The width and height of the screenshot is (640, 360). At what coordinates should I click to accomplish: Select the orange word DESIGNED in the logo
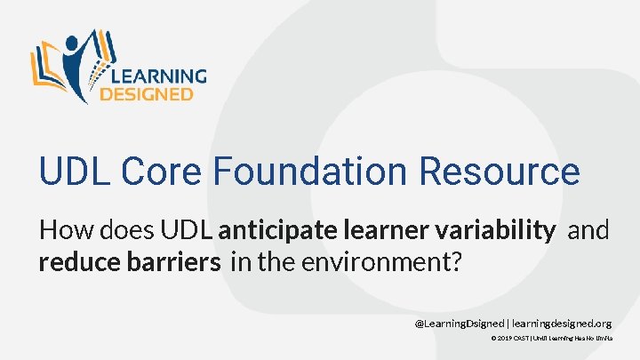tap(146, 93)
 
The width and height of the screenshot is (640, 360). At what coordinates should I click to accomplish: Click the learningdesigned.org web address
tap(562, 323)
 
